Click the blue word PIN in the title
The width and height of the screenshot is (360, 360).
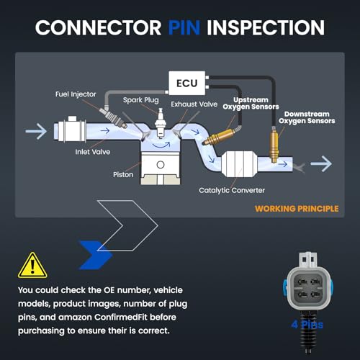(x=184, y=27)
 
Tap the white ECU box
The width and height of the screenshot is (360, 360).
(x=187, y=83)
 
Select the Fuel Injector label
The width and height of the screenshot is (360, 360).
(x=76, y=94)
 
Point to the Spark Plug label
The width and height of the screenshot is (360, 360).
(x=141, y=100)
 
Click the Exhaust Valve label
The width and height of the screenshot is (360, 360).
(x=194, y=104)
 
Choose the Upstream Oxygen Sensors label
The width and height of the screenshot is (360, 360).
(x=251, y=104)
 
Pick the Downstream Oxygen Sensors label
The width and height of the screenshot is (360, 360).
(x=307, y=117)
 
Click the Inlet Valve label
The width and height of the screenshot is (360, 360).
(x=93, y=152)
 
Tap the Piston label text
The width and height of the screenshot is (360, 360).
(x=123, y=174)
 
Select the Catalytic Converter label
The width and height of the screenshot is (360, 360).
(x=232, y=190)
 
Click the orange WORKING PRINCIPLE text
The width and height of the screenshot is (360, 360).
(x=297, y=209)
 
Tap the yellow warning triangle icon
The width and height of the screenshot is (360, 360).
(x=32, y=265)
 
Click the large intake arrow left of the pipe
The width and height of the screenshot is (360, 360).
(x=36, y=131)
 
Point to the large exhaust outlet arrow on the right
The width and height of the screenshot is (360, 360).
(x=321, y=163)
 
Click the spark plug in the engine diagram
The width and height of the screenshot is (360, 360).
(x=160, y=123)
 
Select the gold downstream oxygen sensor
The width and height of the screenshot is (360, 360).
(x=274, y=145)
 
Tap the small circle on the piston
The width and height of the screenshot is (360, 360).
(x=161, y=165)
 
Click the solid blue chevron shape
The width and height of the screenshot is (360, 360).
(x=96, y=255)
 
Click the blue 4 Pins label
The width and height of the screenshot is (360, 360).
(x=307, y=325)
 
